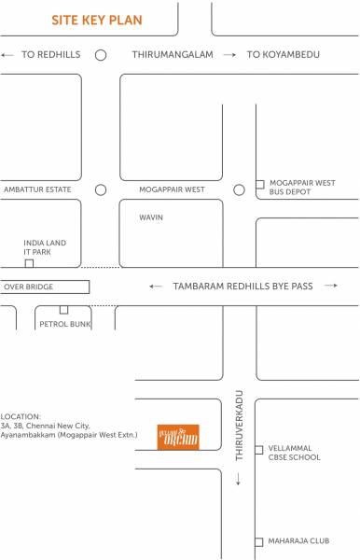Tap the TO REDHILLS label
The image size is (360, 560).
point(51,55)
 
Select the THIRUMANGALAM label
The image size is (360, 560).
point(173,55)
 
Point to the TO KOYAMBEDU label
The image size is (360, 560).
point(283,55)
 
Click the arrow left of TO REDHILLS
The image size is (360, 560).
point(8,55)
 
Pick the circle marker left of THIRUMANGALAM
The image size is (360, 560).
point(101,55)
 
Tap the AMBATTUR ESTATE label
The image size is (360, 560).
point(36,189)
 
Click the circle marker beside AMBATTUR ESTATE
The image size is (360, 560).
point(101,189)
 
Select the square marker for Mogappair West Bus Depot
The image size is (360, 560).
point(260,183)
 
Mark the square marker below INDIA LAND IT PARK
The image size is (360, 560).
point(29,264)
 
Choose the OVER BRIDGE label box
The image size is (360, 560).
point(45,287)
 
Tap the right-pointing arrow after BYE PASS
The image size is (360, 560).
point(330,287)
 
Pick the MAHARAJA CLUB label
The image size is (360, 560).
point(296,541)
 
